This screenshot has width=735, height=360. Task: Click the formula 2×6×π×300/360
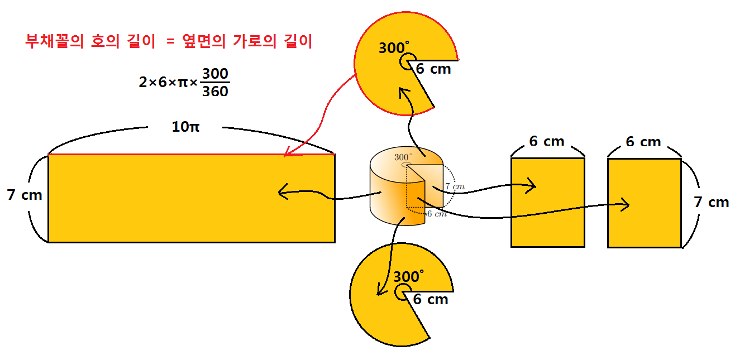coord(184,82)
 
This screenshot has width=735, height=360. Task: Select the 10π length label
coord(185,127)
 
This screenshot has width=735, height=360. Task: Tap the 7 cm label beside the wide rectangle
coord(25,195)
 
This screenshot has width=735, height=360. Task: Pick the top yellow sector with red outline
coord(380,84)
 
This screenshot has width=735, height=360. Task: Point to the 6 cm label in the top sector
coord(433,69)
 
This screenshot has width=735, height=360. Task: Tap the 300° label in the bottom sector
coord(409,276)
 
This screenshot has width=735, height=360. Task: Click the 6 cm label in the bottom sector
coord(431,299)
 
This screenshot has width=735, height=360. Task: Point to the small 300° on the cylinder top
coord(403,157)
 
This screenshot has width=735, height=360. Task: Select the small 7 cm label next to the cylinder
coord(454,186)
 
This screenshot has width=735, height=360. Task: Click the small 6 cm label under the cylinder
coord(436,214)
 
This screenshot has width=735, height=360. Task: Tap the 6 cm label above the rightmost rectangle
coord(644,142)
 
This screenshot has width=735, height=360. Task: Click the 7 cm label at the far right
coord(711,202)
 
